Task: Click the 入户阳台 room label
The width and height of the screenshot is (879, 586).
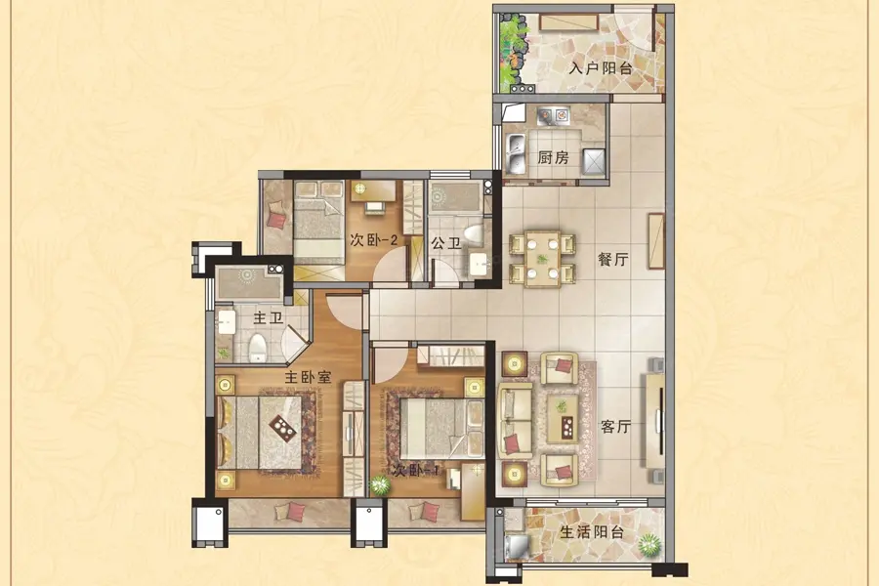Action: click(x=601, y=68)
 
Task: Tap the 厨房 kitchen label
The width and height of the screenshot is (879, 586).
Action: click(x=553, y=157)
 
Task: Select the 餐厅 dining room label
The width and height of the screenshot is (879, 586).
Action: click(x=612, y=260)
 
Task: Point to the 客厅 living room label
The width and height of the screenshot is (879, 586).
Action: click(x=615, y=426)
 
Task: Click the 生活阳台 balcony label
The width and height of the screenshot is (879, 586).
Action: click(x=592, y=531)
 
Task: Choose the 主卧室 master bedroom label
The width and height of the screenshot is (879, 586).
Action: click(x=308, y=377)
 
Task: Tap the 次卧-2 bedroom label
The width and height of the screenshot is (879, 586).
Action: click(x=374, y=240)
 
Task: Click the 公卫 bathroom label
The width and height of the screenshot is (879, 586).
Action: click(x=446, y=243)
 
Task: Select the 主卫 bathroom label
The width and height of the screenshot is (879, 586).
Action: click(x=268, y=318)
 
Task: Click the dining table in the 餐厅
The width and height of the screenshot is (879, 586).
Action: click(x=542, y=259)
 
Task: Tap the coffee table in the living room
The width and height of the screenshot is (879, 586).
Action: click(x=563, y=418)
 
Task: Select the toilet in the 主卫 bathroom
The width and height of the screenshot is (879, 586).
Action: click(x=257, y=348)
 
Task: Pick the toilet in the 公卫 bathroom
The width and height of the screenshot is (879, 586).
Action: click(x=474, y=234)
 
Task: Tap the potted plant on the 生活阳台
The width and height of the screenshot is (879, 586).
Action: click(x=649, y=544)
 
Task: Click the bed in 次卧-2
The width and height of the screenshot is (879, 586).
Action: click(x=318, y=223)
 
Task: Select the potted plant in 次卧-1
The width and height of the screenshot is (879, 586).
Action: click(x=380, y=485)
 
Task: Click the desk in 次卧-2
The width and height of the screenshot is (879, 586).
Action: click(x=373, y=190)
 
